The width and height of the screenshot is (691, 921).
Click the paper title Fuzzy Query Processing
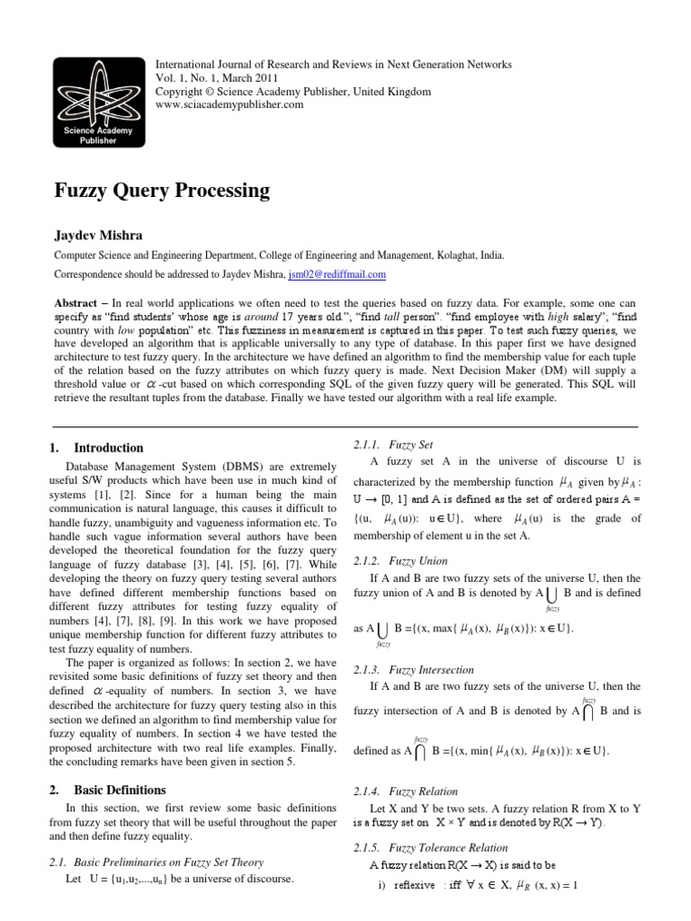(163, 191)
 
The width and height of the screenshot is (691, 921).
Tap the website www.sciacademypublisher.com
(230, 104)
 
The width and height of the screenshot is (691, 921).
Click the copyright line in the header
(294, 92)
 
